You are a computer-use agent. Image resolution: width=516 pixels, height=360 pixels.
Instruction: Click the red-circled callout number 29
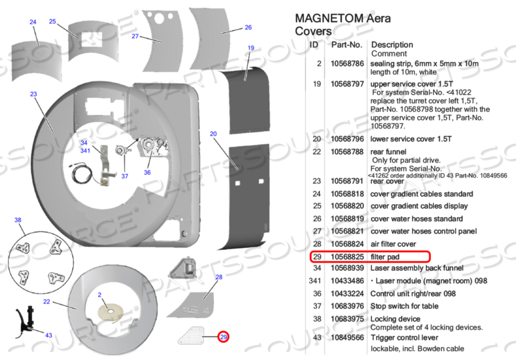point(223,337)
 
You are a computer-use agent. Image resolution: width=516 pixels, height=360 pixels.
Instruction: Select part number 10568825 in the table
point(346,256)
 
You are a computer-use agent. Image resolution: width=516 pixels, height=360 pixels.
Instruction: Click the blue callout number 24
point(33,22)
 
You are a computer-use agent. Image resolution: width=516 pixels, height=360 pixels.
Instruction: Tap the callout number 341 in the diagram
point(85,150)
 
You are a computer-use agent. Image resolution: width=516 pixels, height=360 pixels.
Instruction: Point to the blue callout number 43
point(49,335)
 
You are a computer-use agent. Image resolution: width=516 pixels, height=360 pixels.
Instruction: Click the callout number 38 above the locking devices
point(18,220)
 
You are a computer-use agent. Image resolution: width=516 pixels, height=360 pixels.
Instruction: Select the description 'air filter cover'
point(393,244)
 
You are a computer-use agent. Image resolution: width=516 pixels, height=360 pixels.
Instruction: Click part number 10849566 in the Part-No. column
point(346,337)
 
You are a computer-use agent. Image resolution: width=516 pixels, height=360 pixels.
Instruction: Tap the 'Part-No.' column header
point(346,45)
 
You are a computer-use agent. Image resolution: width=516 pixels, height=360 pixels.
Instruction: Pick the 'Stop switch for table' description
point(405,306)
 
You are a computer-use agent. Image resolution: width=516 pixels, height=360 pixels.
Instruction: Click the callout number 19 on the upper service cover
point(250,48)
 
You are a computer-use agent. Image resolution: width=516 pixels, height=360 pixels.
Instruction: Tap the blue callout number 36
point(147,172)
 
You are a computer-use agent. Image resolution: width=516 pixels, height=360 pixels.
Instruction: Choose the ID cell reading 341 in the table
point(314,281)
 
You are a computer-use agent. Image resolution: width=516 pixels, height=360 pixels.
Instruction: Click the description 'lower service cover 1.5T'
point(411,139)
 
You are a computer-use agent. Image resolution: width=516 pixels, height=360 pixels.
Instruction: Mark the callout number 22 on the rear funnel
point(47,302)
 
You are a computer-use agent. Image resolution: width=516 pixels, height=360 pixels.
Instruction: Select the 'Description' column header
point(392,45)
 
